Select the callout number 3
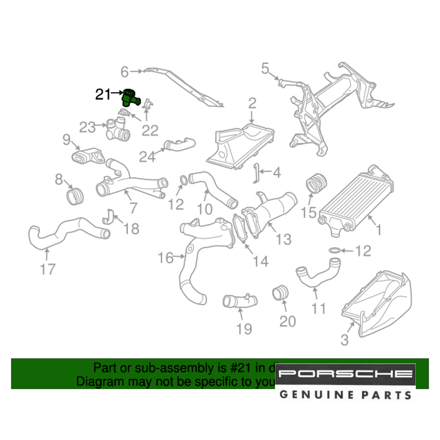tap(345, 339)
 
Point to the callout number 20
tap(288, 321)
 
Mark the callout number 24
tap(148, 156)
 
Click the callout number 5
tap(264, 68)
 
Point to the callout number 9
tap(66, 140)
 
